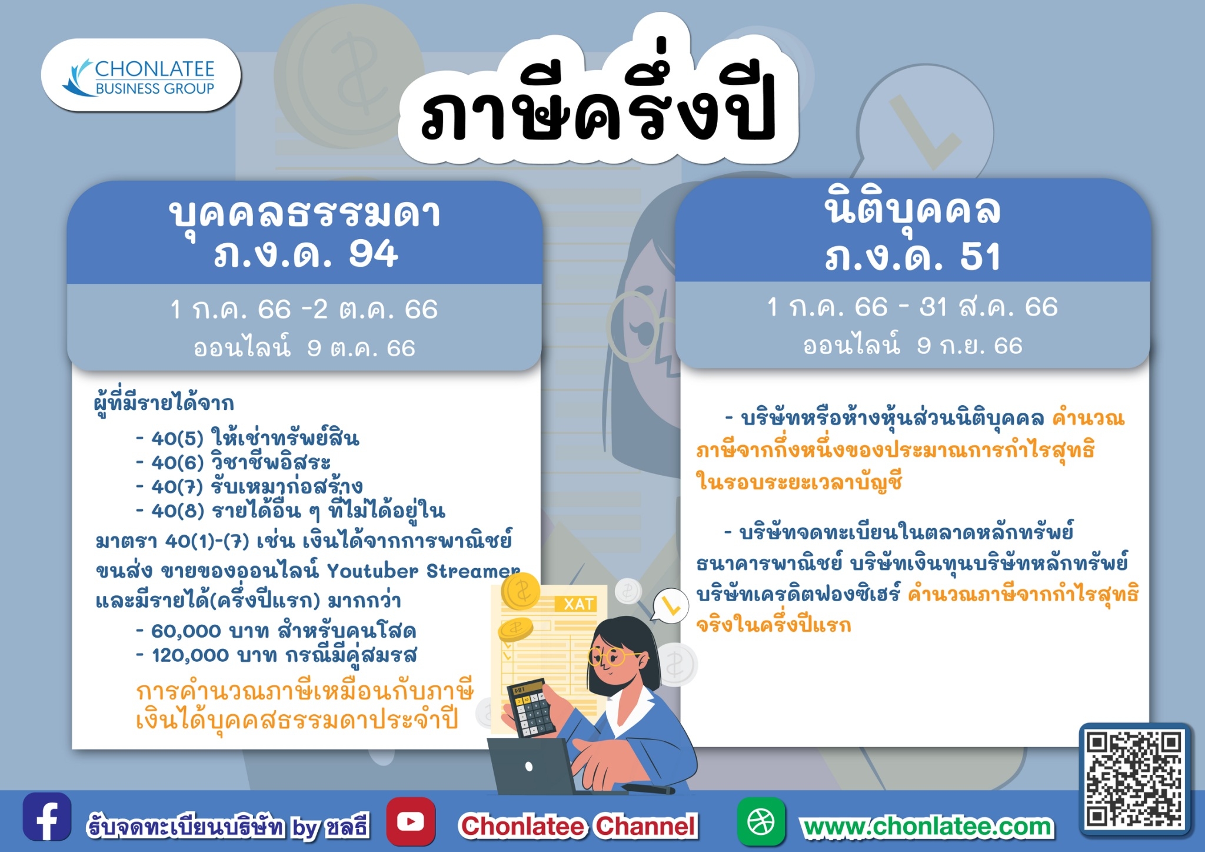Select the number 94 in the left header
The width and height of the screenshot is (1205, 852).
(373, 254)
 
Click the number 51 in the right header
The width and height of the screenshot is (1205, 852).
(980, 257)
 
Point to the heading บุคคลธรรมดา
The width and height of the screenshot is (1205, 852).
(305, 213)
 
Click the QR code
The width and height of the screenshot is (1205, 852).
(1134, 778)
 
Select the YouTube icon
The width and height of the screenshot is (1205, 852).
(411, 821)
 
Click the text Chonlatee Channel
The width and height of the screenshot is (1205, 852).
(578, 826)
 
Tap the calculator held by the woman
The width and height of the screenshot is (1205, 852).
(531, 708)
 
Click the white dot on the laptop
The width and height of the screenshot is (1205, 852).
(529, 766)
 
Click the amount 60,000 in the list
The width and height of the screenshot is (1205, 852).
(186, 631)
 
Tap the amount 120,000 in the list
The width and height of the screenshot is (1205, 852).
(190, 655)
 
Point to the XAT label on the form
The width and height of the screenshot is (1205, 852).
(578, 604)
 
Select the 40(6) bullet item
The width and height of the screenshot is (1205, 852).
(233, 462)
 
